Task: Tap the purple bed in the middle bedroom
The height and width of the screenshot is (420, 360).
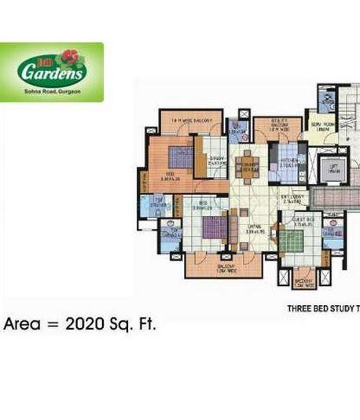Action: click(x=214, y=229)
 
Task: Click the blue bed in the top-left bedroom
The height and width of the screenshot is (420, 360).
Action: click(x=174, y=152)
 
